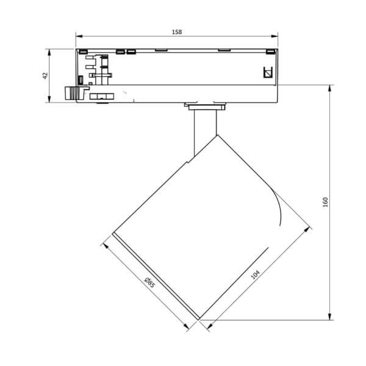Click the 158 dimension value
[x=177, y=32]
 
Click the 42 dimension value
[x=45, y=76]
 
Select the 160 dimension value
[x=325, y=202]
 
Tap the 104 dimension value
[x=255, y=274]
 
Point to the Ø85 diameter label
[x=149, y=282]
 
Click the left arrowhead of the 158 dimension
[x=79, y=36]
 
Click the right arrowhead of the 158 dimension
[x=274, y=36]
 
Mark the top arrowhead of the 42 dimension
[x=49, y=52]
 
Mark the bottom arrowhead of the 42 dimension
[x=49, y=99]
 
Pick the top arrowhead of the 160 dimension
[x=329, y=88]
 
